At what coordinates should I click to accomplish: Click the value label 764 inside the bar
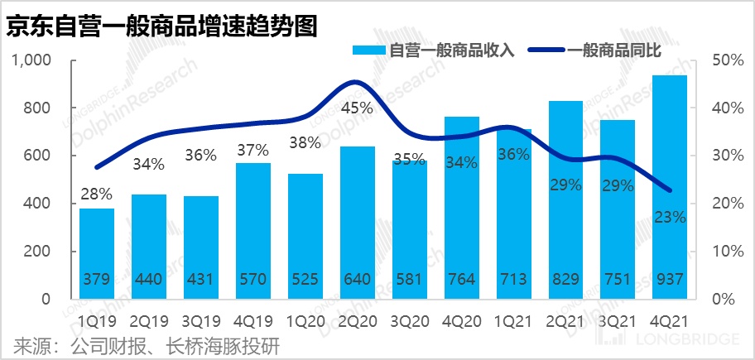(461, 280)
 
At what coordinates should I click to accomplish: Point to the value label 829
(565, 280)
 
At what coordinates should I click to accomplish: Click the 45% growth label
(357, 108)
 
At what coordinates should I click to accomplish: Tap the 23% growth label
(669, 218)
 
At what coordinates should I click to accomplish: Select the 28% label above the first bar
(97, 194)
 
